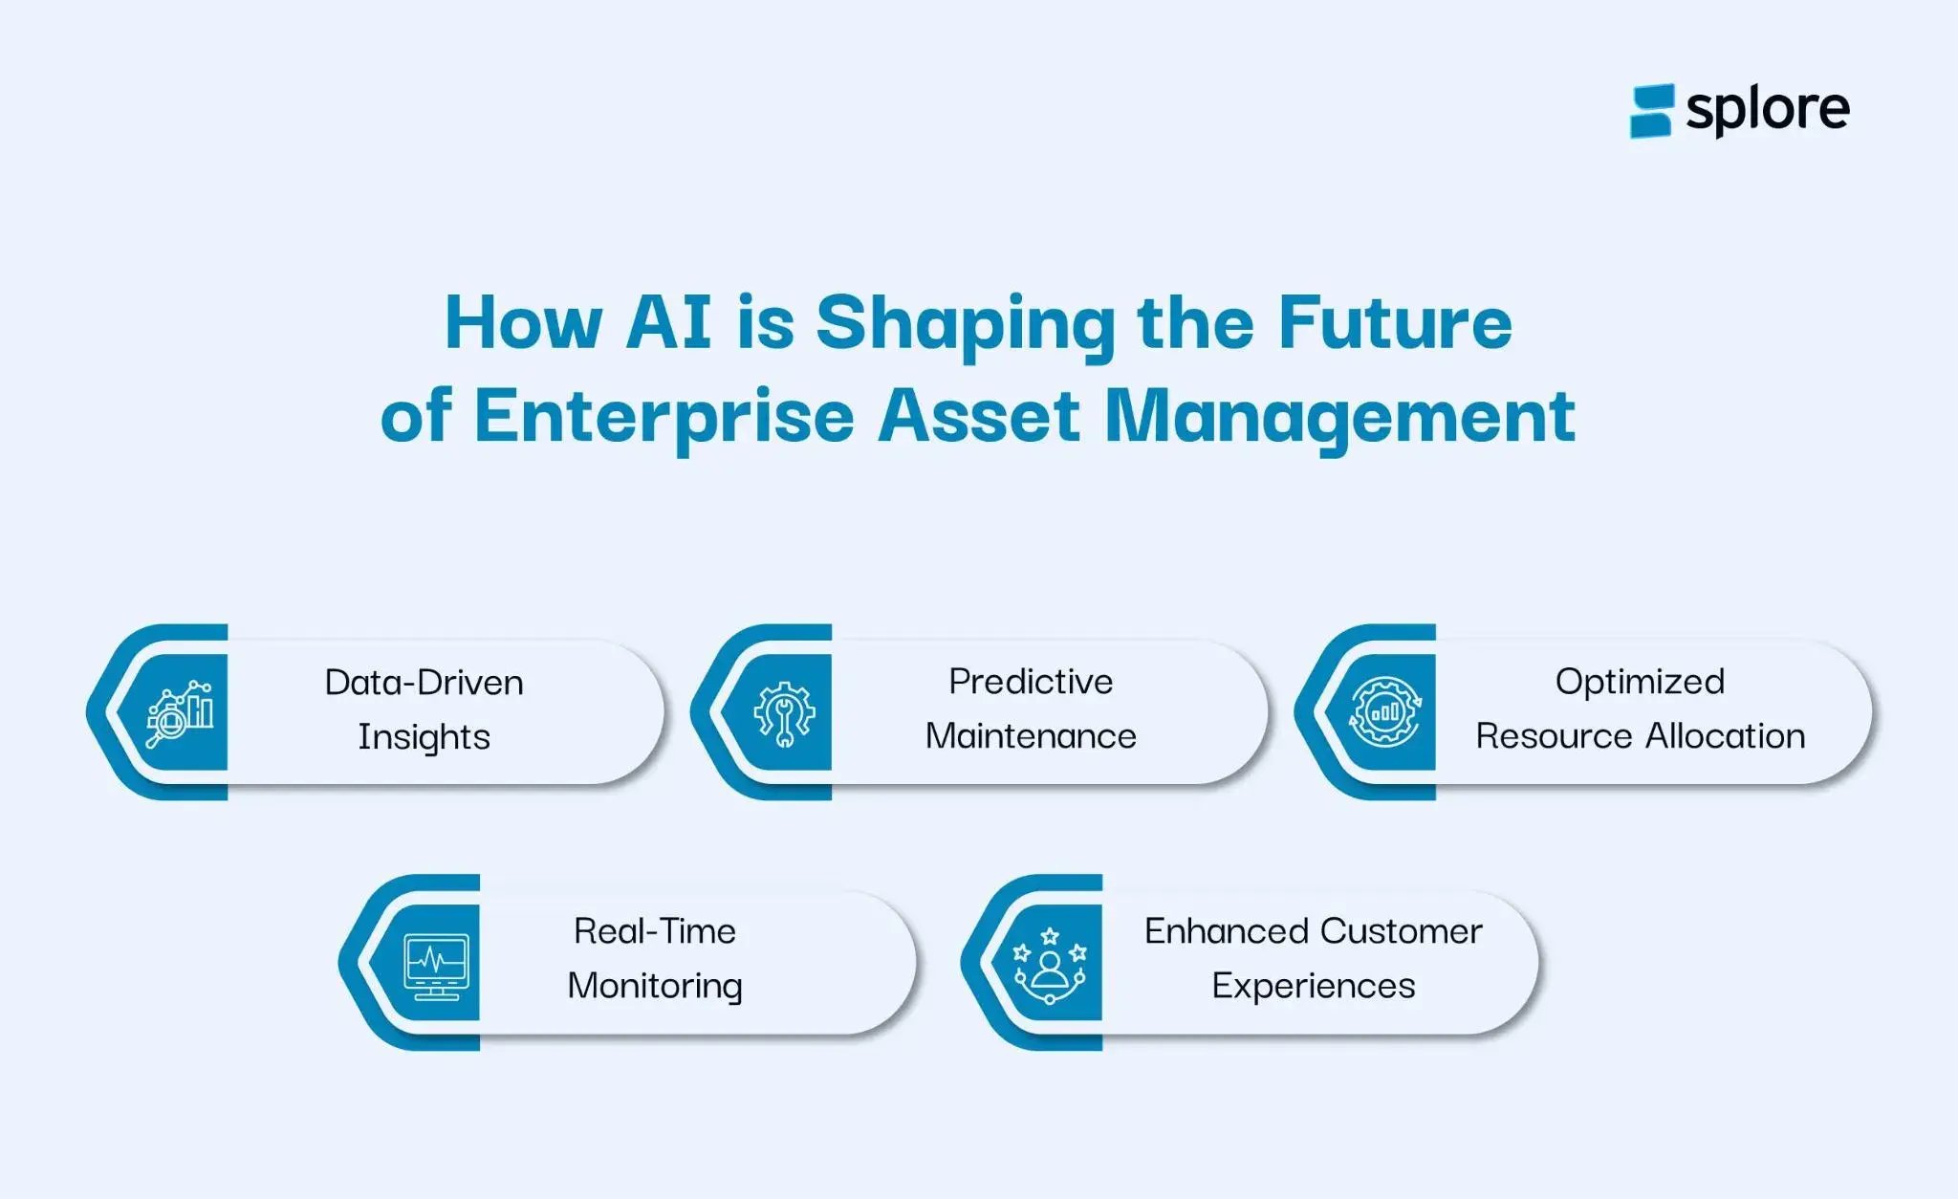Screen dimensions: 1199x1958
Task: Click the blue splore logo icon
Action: (1651, 111)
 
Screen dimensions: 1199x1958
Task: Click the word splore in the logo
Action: (1767, 110)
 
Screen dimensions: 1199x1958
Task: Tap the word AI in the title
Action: (668, 322)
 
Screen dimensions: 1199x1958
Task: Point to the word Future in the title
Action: (1395, 322)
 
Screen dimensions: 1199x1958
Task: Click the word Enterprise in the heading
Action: (664, 417)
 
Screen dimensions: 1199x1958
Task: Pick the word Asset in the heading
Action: (979, 417)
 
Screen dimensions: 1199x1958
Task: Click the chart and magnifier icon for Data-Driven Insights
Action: (179, 713)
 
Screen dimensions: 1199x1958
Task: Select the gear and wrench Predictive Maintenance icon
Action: (784, 713)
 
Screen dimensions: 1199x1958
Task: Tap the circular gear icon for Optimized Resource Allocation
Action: (1385, 711)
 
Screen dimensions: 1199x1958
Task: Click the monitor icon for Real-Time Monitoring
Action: (436, 965)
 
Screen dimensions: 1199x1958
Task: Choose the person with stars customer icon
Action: (1050, 964)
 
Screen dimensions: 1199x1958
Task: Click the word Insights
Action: (424, 737)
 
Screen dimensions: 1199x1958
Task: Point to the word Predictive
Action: (1031, 682)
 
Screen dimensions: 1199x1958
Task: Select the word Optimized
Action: (1640, 682)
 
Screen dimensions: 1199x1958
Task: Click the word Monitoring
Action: (655, 986)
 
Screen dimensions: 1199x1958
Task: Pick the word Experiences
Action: (1313, 986)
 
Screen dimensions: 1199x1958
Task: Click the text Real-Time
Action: (655, 931)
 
